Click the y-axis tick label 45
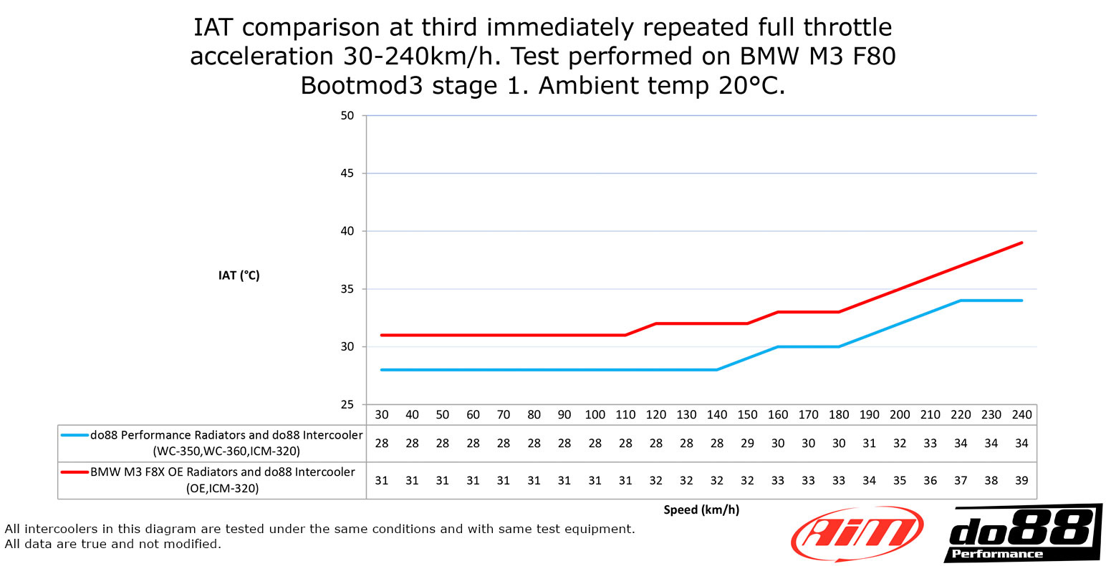pos(347,173)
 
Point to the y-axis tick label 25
pos(347,405)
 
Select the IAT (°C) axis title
pos(239,275)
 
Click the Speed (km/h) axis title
pos(701,509)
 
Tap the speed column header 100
pos(595,415)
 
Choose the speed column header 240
pos(1021,415)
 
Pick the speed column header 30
pos(382,415)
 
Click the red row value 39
pos(1021,481)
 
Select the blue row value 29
pos(747,444)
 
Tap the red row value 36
pos(930,481)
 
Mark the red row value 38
pos(991,481)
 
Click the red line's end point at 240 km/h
pos(1021,243)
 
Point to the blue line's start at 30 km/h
pos(382,370)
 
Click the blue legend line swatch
pos(74,435)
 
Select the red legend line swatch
pos(74,472)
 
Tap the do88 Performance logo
pos(1021,534)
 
